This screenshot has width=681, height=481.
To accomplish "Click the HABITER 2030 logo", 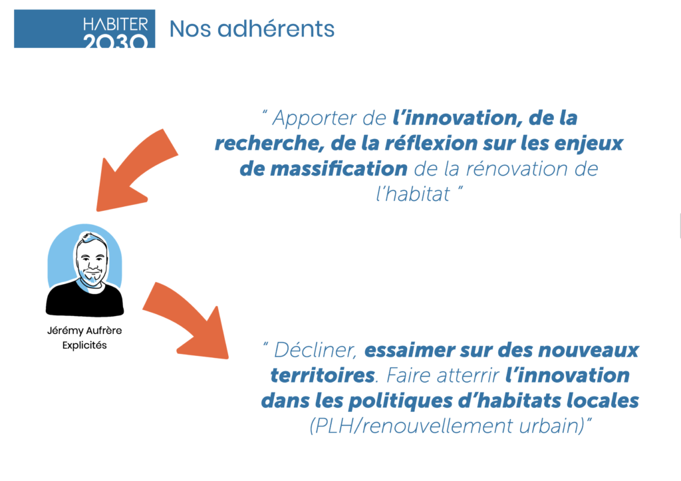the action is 84,29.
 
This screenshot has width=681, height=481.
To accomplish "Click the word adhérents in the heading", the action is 276,29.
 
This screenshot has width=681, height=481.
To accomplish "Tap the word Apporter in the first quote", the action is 315,118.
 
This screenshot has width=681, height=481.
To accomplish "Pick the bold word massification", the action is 339,168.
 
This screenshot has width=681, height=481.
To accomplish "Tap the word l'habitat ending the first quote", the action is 412,194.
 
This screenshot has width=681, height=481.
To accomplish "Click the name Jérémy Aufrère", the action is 84,330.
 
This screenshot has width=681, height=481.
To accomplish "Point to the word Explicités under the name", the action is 84,345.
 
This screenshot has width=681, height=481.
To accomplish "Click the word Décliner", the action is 315,350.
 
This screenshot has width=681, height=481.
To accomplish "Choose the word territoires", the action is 323,375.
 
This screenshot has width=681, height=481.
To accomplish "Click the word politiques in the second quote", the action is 400,401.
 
